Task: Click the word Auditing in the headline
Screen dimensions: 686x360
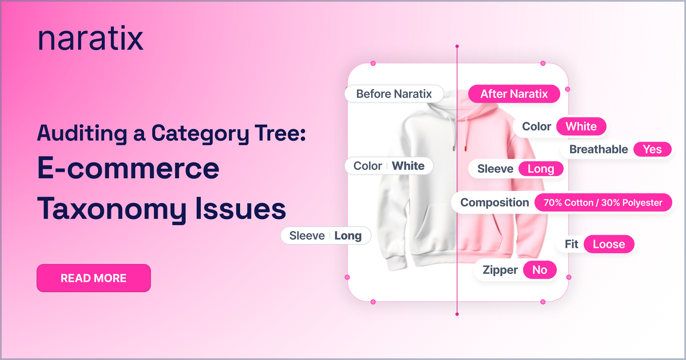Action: pos(82,134)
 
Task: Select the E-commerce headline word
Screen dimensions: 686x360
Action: pos(128,168)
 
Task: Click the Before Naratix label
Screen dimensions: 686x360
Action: pos(394,94)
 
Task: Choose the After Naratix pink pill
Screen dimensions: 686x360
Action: pos(514,94)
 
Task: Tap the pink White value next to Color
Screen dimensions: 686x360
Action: pos(581,126)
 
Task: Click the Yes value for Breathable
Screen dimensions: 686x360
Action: pos(652,149)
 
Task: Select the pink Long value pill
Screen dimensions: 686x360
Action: pos(541,169)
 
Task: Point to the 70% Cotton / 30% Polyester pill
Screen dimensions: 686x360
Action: pos(603,203)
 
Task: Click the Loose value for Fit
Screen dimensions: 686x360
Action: pos(609,244)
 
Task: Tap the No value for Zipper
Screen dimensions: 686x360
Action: pos(540,270)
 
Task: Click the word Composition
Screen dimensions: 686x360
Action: pos(495,203)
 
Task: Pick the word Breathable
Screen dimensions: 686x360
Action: pos(599,149)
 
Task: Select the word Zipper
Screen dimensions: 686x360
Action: pos(500,270)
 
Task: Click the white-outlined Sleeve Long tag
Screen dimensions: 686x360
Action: pos(326,236)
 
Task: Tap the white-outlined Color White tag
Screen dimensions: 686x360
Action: pos(389,166)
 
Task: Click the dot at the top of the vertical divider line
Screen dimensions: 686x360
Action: pos(457,46)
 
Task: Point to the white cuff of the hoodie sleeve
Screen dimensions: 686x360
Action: pos(397,262)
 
